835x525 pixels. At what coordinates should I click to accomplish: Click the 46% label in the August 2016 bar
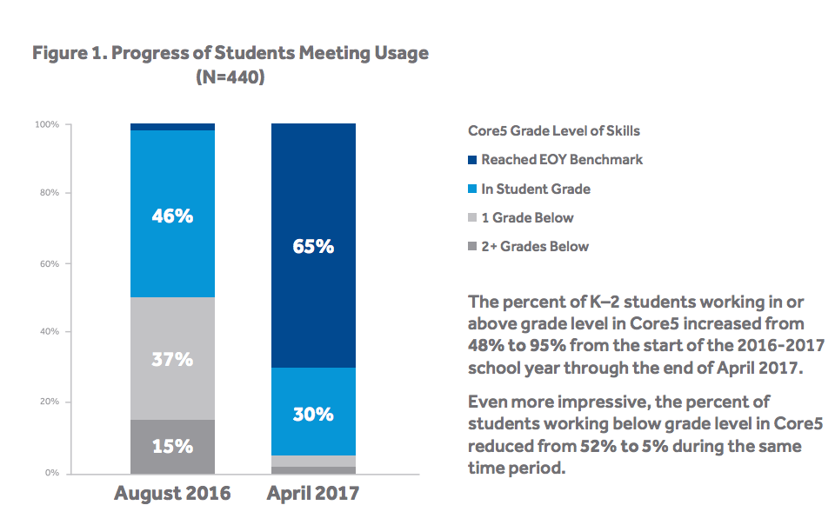172,216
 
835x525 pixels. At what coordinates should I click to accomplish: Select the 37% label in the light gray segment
172,358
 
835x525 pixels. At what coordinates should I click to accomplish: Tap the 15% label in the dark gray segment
172,446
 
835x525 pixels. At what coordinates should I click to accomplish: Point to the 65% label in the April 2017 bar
313,247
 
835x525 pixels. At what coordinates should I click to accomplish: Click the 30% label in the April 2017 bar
313,414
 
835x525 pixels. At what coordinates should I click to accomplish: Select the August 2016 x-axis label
172,494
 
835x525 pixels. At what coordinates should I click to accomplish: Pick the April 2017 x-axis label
313,494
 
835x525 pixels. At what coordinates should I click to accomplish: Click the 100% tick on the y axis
47,124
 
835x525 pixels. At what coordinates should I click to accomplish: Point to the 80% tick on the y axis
49,193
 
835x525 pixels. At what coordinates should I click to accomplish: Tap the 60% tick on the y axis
49,263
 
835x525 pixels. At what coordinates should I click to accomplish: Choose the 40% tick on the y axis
49,332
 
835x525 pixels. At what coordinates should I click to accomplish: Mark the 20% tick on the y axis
49,402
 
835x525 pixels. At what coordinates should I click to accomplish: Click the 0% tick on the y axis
51,473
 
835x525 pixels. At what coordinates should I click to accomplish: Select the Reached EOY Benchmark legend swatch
472,160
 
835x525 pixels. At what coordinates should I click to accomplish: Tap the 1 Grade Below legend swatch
472,218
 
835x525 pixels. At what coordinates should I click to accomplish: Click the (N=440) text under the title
230,77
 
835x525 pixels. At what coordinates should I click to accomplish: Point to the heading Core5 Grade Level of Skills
554,131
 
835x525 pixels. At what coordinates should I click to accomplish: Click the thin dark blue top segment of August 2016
172,127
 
